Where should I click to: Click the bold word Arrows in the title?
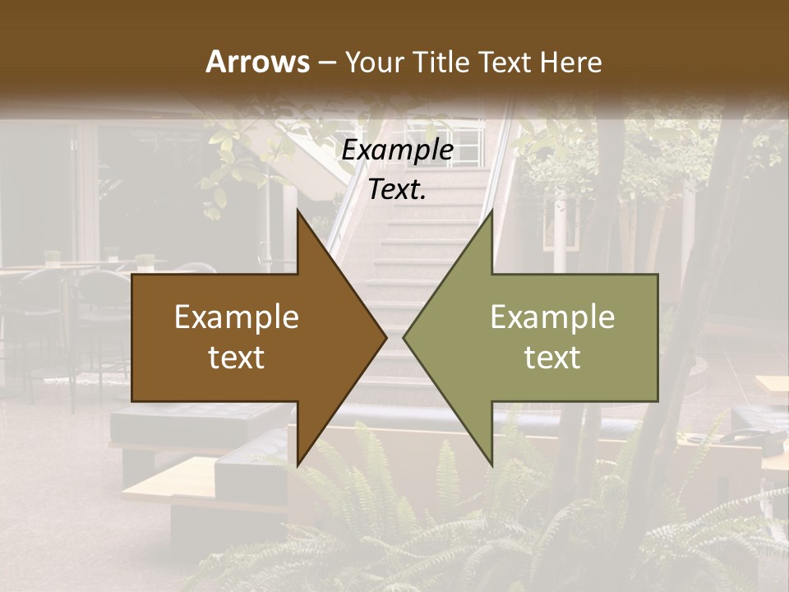pyautogui.click(x=257, y=62)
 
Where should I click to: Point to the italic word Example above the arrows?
pyautogui.click(x=398, y=150)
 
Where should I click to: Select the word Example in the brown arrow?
pyautogui.click(x=237, y=317)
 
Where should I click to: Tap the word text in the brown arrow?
pyautogui.click(x=237, y=357)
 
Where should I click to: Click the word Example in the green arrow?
pyautogui.click(x=552, y=317)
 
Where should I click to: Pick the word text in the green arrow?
pyautogui.click(x=552, y=357)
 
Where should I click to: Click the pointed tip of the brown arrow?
pyautogui.click(x=385, y=337)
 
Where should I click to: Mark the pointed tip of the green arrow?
pyautogui.click(x=404, y=337)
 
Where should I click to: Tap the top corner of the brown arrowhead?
pyautogui.click(x=298, y=210)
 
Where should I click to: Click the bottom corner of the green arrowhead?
pyautogui.click(x=491, y=465)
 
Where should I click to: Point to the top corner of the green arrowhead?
pyautogui.click(x=491, y=210)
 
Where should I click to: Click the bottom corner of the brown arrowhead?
pyautogui.click(x=298, y=465)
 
